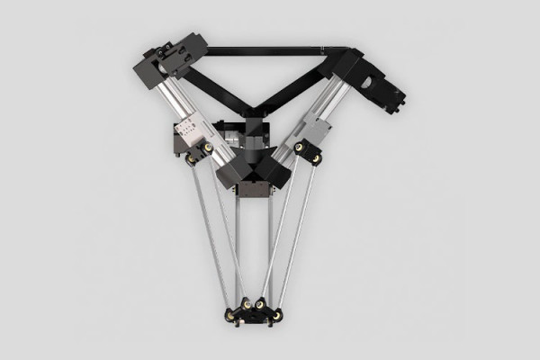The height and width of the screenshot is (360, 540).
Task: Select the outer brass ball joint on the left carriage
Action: coord(192,158)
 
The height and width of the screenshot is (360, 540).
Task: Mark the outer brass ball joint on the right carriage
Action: coord(317,158)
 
